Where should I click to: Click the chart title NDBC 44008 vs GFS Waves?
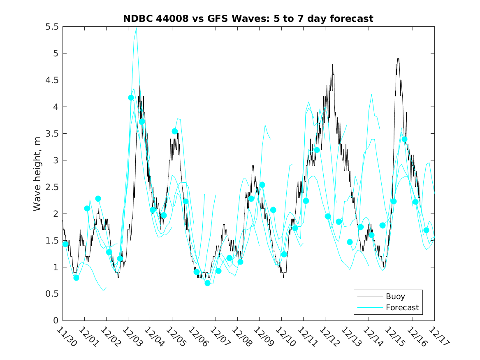click(x=248, y=19)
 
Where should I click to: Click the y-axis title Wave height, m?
click(x=37, y=173)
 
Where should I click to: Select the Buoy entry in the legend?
click(x=395, y=296)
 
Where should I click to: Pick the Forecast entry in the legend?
click(x=402, y=307)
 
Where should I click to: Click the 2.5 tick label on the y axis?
click(x=52, y=187)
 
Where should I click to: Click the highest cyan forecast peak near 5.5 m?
click(x=136, y=28)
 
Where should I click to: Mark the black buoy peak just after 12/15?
click(x=398, y=59)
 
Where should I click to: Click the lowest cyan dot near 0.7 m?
click(x=207, y=283)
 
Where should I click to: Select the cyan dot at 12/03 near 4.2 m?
click(x=131, y=98)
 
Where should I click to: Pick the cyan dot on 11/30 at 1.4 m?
click(x=65, y=244)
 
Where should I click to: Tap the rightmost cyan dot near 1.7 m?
click(x=426, y=230)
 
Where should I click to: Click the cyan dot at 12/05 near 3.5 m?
click(x=175, y=131)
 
